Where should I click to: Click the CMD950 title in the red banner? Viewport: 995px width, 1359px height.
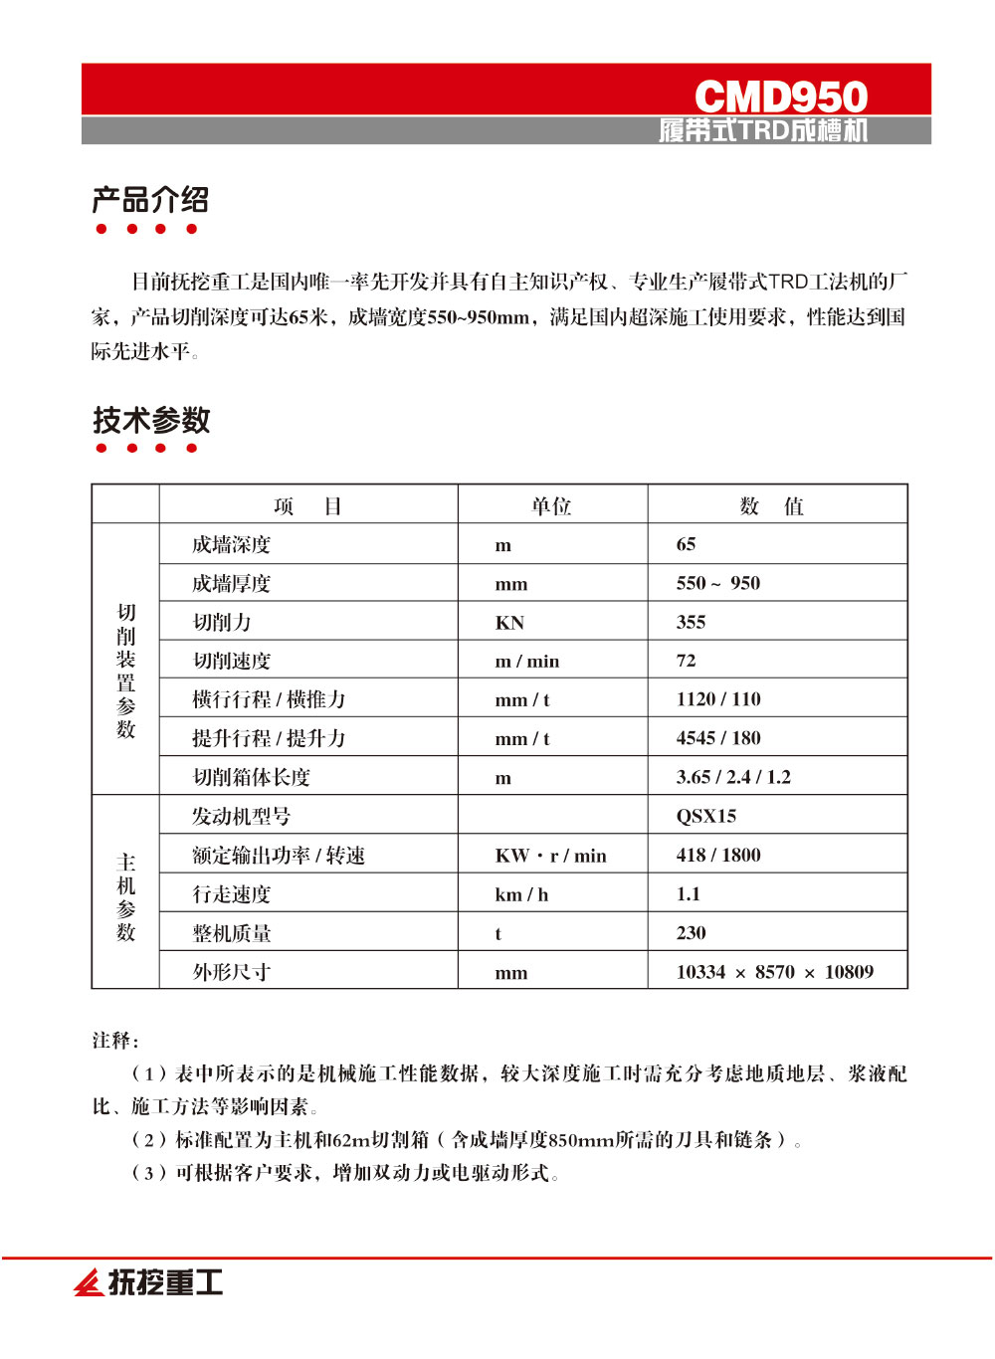tap(780, 97)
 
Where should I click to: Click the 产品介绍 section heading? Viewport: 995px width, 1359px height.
tap(150, 200)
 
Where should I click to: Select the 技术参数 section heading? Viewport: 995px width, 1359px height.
tap(151, 420)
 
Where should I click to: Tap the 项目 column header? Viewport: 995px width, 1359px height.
tap(307, 506)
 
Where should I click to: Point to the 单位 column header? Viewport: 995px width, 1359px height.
tap(551, 506)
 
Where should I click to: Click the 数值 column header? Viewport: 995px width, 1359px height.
tap(772, 506)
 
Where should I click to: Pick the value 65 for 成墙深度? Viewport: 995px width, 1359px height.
tap(687, 544)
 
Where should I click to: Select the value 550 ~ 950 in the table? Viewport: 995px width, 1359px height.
tap(717, 583)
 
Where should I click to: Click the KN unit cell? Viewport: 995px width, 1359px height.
tap(509, 623)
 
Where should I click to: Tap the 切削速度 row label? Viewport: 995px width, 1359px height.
tap(231, 662)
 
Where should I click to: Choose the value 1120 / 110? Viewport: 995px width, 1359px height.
tap(718, 699)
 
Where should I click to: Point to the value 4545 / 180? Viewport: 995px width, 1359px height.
tap(718, 738)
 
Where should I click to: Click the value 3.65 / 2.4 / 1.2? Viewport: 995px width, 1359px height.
tap(733, 777)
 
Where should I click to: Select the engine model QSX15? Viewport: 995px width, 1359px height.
tap(706, 816)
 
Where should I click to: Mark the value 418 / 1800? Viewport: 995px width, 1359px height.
tap(718, 855)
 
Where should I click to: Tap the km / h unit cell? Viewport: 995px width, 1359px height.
tap(521, 894)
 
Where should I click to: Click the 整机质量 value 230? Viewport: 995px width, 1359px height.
tap(691, 932)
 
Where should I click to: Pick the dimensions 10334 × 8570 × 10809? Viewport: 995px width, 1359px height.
tap(775, 972)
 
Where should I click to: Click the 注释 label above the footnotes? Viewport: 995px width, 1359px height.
tap(114, 1041)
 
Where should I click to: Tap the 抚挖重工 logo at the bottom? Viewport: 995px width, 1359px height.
tap(149, 1282)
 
